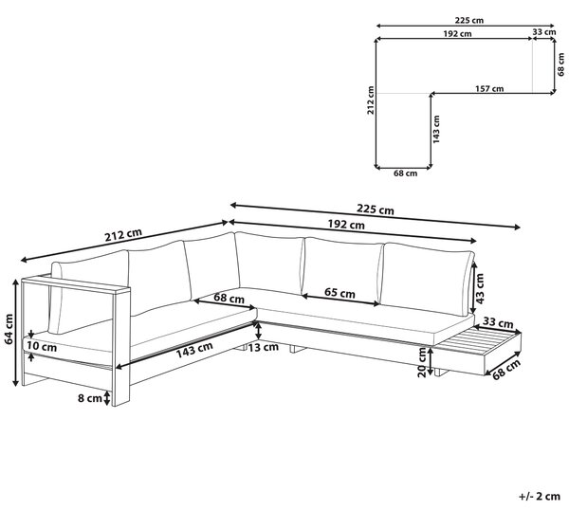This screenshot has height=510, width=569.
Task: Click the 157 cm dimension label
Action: pyautogui.click(x=489, y=88)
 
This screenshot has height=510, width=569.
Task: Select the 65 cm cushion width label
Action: pyautogui.click(x=340, y=292)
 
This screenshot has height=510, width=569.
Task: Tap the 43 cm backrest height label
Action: pyautogui.click(x=480, y=288)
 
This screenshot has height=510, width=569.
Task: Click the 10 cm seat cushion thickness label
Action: pyautogui.click(x=42, y=347)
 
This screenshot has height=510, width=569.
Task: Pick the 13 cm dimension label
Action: pyautogui.click(x=263, y=347)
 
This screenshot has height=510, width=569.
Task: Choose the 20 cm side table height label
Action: pyautogui.click(x=422, y=362)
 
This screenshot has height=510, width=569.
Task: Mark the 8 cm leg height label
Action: pyautogui.click(x=90, y=398)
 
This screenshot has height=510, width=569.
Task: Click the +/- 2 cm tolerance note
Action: pyautogui.click(x=540, y=496)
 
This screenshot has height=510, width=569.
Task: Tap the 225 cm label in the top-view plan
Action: pyautogui.click(x=468, y=20)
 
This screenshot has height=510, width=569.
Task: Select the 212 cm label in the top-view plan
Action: pyautogui.click(x=371, y=100)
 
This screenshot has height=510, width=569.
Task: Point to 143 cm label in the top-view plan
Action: pyautogui.click(x=436, y=129)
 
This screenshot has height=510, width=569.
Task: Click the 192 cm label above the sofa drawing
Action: pyautogui.click(x=346, y=225)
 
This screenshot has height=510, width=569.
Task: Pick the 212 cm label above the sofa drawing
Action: pyautogui.click(x=123, y=235)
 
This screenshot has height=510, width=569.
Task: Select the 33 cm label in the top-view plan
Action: pyautogui.click(x=544, y=32)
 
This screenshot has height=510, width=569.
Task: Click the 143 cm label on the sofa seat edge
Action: pyautogui.click(x=194, y=350)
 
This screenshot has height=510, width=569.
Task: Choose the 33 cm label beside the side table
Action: pyautogui.click(x=498, y=322)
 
